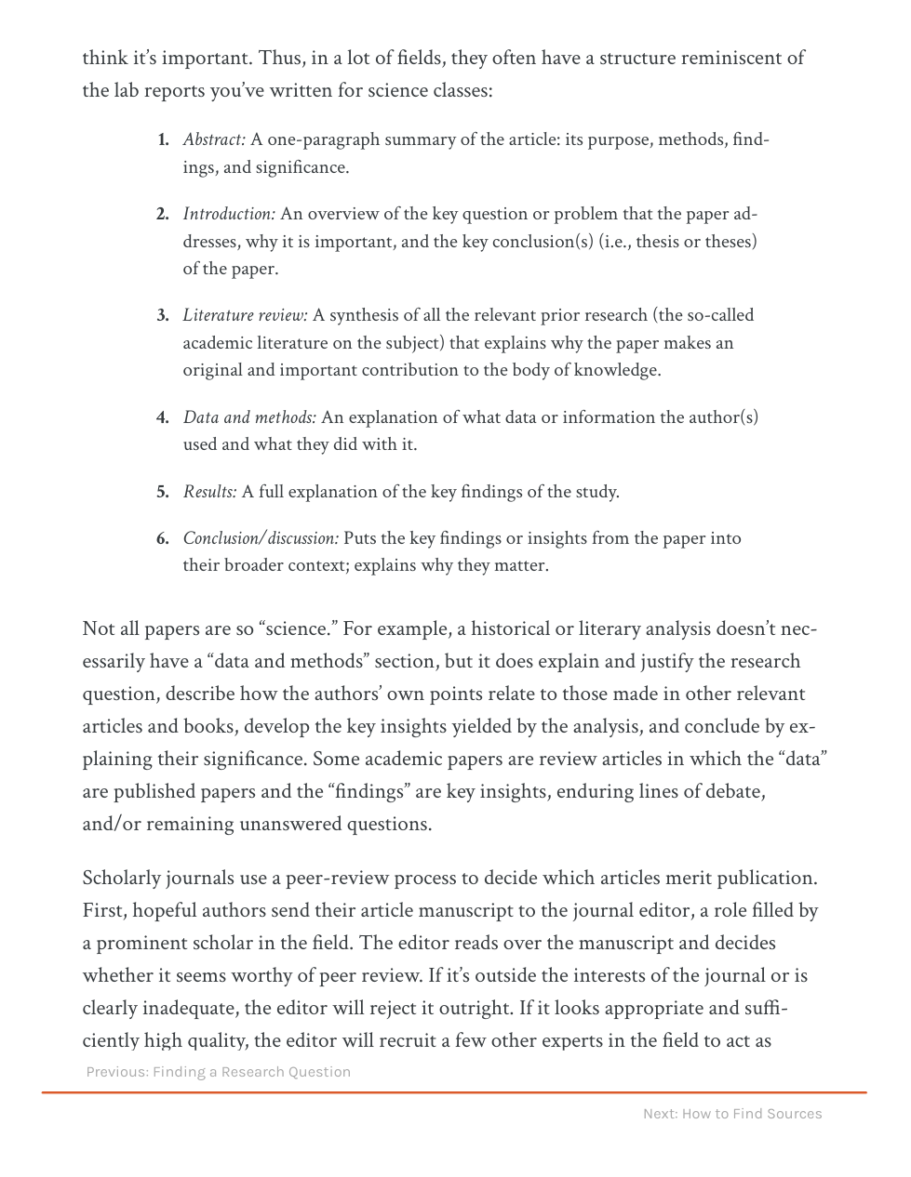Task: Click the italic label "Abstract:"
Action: coord(214,139)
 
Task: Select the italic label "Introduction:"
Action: coord(229,214)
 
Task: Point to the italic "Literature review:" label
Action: coord(245,315)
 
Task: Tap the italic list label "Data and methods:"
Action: coord(249,417)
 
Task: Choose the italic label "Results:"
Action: coord(209,492)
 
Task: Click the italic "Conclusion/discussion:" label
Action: coord(261,538)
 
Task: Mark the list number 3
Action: coord(163,315)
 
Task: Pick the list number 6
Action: coord(163,538)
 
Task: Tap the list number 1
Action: coord(163,139)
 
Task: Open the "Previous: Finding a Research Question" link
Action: coord(219,1072)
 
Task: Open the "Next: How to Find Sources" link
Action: coord(732,1114)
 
